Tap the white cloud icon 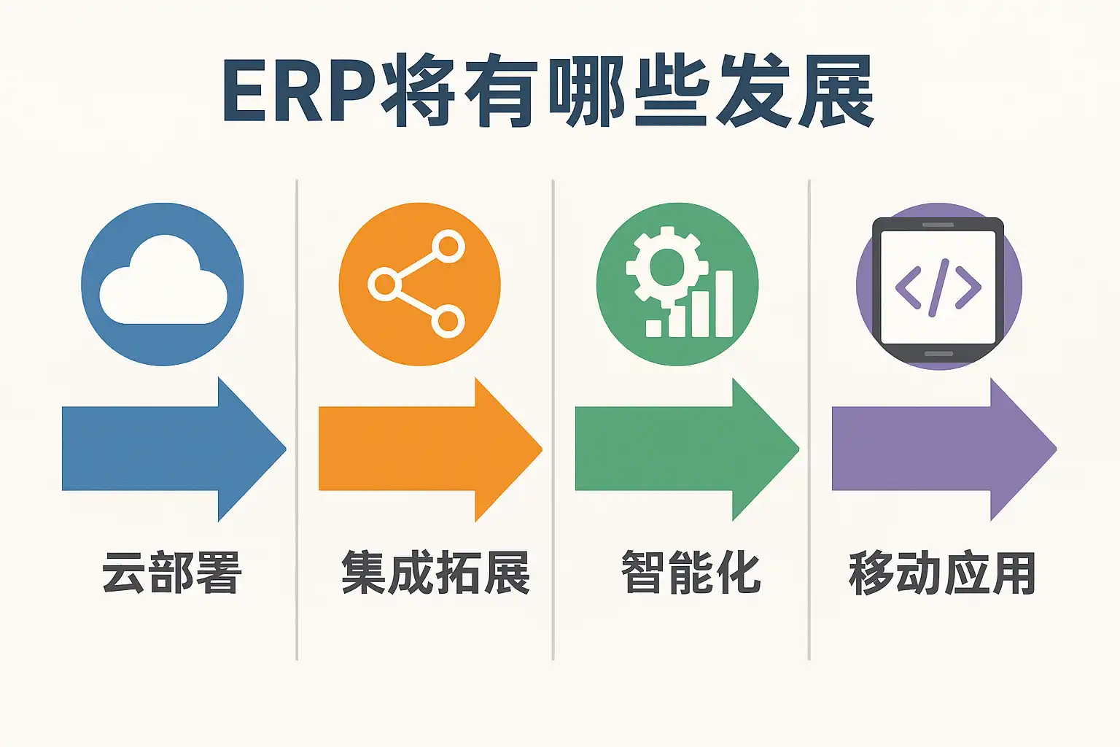[x=163, y=280]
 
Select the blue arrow [x=174, y=449]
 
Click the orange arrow [x=430, y=449]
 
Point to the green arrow [x=687, y=449]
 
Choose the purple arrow [x=944, y=449]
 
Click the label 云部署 [x=172, y=573]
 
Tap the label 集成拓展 [x=435, y=573]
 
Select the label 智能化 [x=691, y=573]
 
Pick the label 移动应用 [x=942, y=573]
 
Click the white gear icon [x=666, y=267]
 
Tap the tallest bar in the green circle [x=725, y=303]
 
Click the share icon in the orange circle [x=416, y=284]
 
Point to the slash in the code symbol [x=938, y=287]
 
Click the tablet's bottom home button [x=938, y=354]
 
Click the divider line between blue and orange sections [x=297, y=419]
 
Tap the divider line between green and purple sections [x=809, y=419]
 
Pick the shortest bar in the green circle [x=654, y=328]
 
